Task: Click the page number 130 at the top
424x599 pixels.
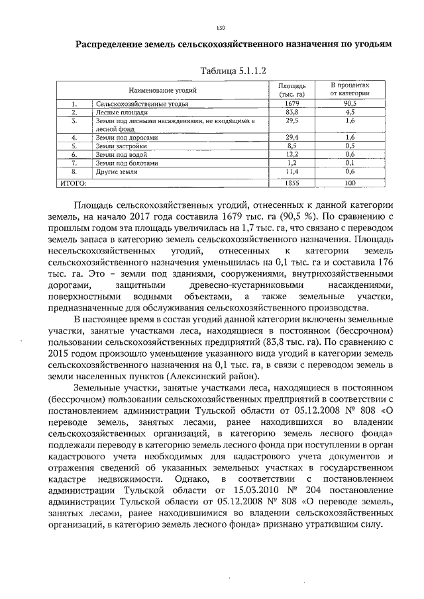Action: coord(221,27)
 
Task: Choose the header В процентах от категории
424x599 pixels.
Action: coord(350,89)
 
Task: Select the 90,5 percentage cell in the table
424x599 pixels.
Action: coord(350,105)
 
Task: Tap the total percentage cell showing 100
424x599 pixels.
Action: coord(350,181)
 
